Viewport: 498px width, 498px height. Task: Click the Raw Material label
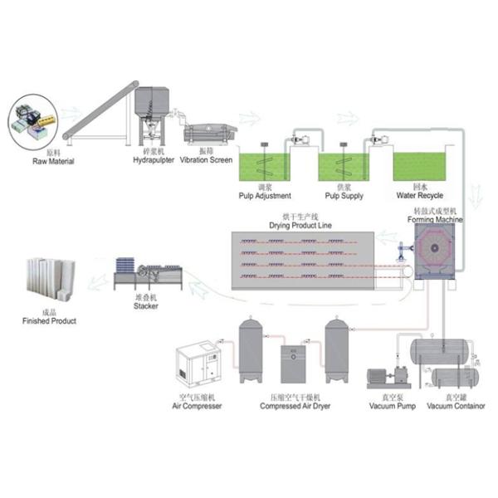(53, 161)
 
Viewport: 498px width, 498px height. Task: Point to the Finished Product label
(50, 320)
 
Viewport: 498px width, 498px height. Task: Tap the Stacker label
(146, 305)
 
